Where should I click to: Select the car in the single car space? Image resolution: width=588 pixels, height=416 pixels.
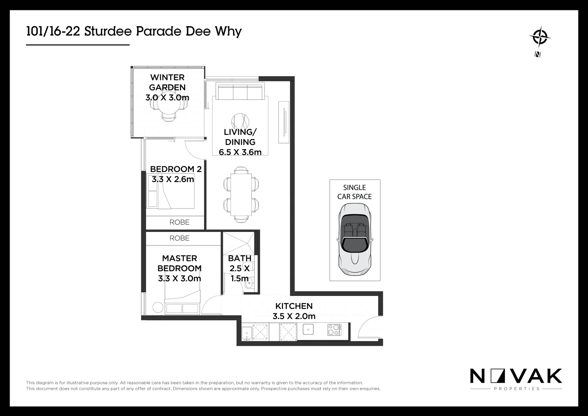click(x=355, y=239)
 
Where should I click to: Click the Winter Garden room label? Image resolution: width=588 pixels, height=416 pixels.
click(x=167, y=82)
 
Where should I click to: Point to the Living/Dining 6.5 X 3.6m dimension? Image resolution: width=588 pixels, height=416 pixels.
click(x=240, y=152)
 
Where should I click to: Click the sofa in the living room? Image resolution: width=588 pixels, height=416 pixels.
click(x=240, y=92)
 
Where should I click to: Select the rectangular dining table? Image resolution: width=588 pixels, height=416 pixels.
click(x=241, y=194)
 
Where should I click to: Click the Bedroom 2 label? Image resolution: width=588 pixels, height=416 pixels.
click(x=176, y=169)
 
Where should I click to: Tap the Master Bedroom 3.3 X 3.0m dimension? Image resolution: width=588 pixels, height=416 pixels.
click(x=179, y=278)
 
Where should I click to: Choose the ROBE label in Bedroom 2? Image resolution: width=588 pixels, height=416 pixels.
click(x=179, y=222)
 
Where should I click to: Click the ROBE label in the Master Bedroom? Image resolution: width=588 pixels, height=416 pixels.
click(x=179, y=238)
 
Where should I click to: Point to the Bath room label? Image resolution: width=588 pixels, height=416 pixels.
click(x=240, y=258)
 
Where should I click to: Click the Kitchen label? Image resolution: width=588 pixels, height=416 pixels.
click(x=294, y=306)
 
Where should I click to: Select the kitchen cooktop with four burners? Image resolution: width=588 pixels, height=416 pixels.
click(x=334, y=330)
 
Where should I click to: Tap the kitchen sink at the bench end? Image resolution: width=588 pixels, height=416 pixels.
click(x=247, y=332)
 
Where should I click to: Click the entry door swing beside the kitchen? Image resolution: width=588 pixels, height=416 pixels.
click(x=368, y=327)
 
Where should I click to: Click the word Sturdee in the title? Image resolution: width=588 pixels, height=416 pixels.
click(x=108, y=31)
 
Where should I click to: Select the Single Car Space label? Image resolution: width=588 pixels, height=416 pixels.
click(x=354, y=192)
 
